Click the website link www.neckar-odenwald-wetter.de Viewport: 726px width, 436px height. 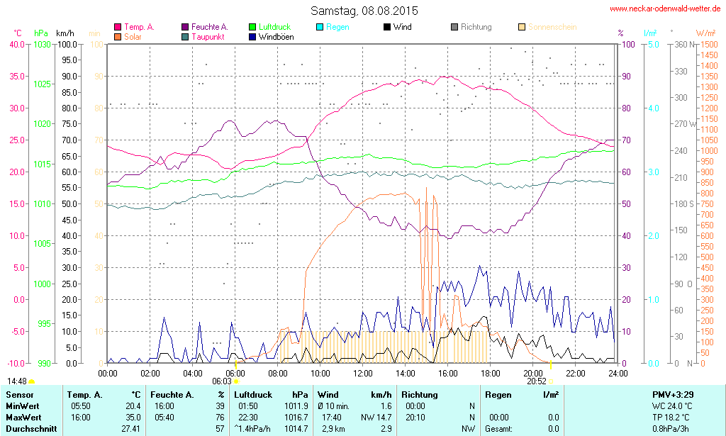pos(665,9)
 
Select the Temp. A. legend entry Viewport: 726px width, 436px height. pos(139,27)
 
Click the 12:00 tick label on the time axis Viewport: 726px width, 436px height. pos(363,373)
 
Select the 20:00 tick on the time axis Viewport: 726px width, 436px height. pos(533,373)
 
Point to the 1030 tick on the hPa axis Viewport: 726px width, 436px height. pos(43,44)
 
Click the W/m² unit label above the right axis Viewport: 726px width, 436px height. pos(705,33)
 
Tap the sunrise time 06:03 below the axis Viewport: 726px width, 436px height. pos(222,381)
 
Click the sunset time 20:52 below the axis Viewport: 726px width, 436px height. pos(537,381)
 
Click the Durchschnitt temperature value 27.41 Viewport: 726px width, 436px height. pos(130,429)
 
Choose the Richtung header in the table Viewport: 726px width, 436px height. pos(420,394)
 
